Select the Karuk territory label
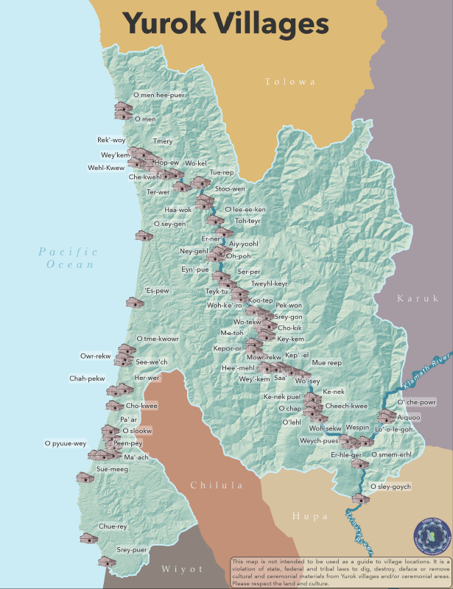[418, 298]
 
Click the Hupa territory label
[310, 516]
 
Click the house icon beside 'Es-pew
[135, 302]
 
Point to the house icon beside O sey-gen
[143, 235]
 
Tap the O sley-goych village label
[390, 487]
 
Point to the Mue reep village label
[327, 363]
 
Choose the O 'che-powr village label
[417, 403]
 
